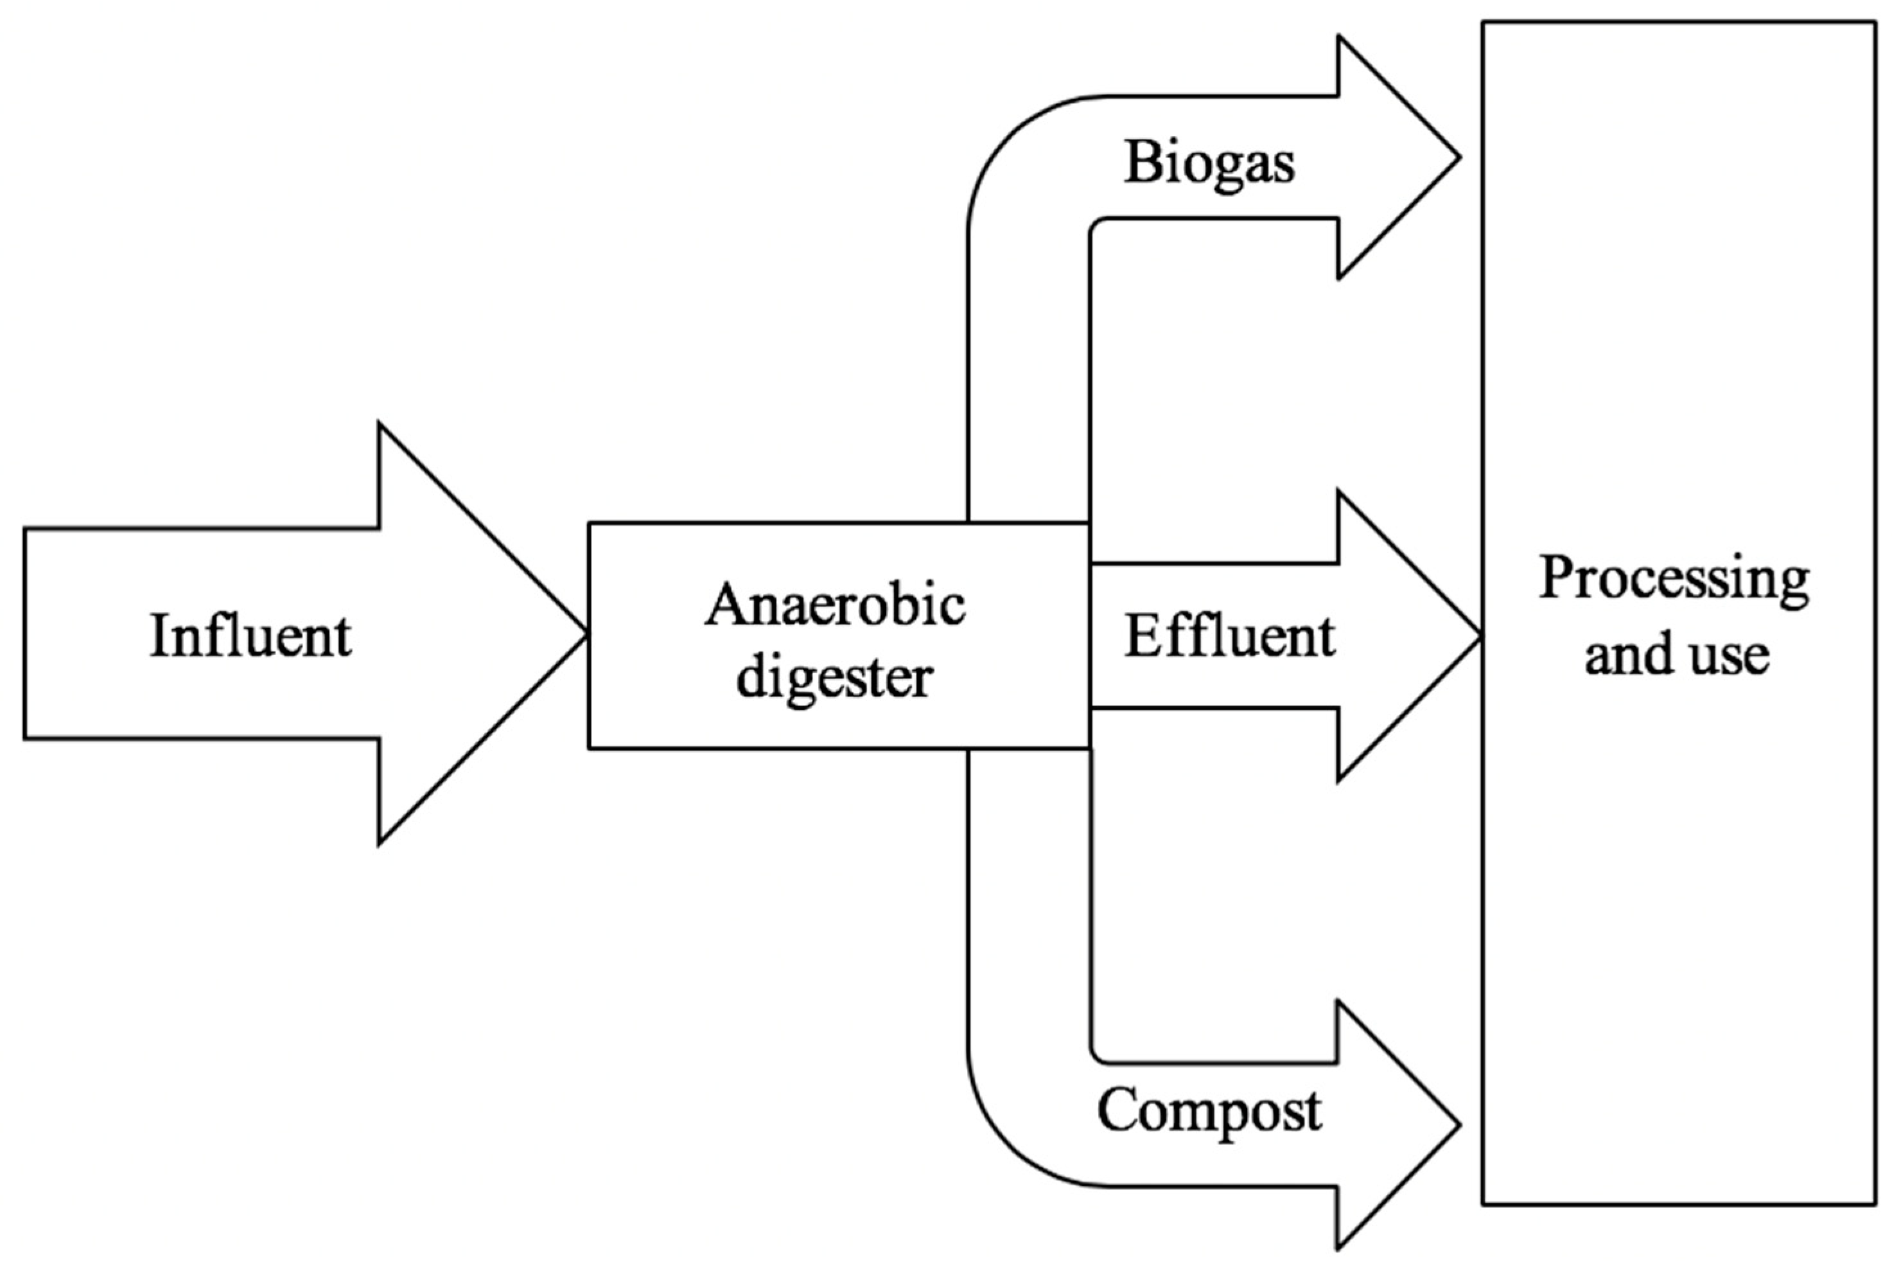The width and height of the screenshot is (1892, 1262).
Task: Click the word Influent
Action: pos(251,636)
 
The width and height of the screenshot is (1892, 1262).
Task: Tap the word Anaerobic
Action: pos(835,605)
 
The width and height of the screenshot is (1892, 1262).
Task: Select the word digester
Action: pos(835,679)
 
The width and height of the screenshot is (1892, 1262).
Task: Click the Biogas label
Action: pos(1209,162)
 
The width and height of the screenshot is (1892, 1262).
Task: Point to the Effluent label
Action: pos(1230,636)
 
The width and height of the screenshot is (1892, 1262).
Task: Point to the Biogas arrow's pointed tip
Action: pos(1458,158)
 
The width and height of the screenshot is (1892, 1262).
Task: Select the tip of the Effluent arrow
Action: pos(1478,636)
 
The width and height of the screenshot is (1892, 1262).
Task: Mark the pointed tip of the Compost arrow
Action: pos(1458,1124)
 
